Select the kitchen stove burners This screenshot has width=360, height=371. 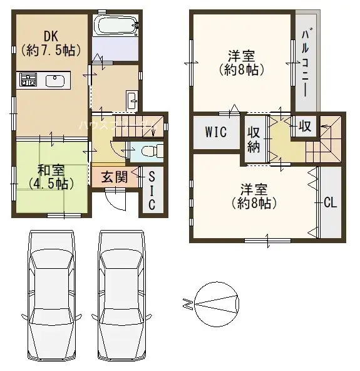point(28,80)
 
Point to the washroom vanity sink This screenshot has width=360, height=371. point(132,100)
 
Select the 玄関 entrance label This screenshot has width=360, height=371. point(115,177)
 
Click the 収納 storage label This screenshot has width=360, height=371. point(254,138)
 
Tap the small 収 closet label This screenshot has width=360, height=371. point(305,126)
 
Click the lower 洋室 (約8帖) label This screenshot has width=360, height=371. point(254,196)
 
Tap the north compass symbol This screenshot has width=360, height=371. point(216,305)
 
